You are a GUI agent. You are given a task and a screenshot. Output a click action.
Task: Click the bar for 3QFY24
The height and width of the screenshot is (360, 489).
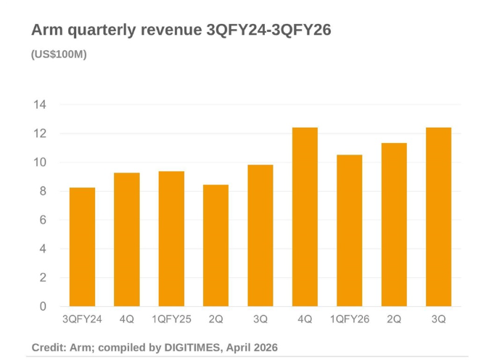82,247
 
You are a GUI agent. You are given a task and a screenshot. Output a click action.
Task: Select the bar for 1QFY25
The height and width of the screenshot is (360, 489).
171,239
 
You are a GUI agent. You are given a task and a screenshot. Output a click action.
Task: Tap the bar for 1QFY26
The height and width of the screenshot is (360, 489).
349,231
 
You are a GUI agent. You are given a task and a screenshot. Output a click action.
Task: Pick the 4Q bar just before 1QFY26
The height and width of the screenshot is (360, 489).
305,217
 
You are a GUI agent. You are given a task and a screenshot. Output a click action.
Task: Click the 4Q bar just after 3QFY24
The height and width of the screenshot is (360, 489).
127,240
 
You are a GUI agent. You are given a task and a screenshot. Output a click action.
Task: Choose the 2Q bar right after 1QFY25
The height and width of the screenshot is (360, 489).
215,245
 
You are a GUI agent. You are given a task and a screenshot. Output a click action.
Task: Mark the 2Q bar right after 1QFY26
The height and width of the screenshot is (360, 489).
394,225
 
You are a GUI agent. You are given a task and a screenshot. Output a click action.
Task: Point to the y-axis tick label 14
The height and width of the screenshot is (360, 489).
39,105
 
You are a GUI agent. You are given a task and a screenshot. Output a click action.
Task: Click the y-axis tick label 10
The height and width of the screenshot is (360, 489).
39,163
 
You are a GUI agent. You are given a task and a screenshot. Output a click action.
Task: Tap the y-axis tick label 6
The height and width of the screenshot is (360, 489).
42,220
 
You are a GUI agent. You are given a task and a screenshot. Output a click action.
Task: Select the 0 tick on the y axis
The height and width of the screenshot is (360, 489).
42,306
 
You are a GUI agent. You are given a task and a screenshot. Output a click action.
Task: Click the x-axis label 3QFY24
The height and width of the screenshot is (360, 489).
82,319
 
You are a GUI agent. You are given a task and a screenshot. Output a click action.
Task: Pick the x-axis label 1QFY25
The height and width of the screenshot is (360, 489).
171,319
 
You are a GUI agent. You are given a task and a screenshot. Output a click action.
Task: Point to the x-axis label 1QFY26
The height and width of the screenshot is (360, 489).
349,319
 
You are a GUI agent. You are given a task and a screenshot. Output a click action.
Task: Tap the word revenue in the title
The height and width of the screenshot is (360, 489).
169,30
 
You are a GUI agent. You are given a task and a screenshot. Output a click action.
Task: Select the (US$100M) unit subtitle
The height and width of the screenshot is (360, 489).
59,54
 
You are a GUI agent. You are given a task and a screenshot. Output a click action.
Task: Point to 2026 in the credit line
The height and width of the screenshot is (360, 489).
264,348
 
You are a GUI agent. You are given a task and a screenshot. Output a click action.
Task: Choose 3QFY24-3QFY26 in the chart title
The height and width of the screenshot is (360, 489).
268,30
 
